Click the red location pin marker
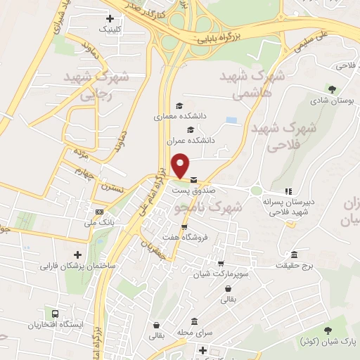pyautogui.click(x=181, y=165)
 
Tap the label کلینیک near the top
pyautogui.click(x=110, y=30)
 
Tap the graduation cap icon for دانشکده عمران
pyautogui.click(x=190, y=129)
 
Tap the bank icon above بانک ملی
pyautogui.click(x=99, y=212)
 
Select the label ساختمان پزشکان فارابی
pyautogui.click(x=77, y=267)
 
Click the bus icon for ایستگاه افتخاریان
pyautogui.click(x=55, y=313)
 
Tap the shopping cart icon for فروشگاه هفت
pyautogui.click(x=185, y=226)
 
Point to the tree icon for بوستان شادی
pyautogui.click(x=331, y=89)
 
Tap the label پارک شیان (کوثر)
pyautogui.click(x=325, y=342)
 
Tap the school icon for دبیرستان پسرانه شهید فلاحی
pyautogui.click(x=288, y=191)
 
